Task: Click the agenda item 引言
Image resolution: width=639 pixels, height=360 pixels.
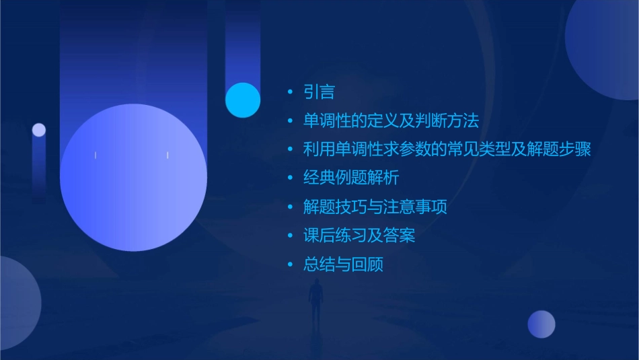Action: pyautogui.click(x=319, y=92)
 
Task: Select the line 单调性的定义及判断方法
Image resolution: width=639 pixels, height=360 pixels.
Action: pyautogui.click(x=391, y=121)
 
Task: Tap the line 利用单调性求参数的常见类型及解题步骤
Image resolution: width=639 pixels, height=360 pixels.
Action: pyautogui.click(x=447, y=149)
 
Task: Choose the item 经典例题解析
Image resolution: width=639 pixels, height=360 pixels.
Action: pyautogui.click(x=351, y=178)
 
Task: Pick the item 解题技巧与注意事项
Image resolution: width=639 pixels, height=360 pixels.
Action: pyautogui.click(x=375, y=207)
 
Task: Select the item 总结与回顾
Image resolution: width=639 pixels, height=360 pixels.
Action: pyautogui.click(x=343, y=264)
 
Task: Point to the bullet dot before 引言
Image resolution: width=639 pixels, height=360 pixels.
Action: pyautogui.click(x=290, y=93)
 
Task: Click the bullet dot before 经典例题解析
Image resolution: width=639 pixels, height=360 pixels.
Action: pyautogui.click(x=290, y=179)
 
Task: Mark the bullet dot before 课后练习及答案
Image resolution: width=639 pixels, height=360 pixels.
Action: pyautogui.click(x=290, y=236)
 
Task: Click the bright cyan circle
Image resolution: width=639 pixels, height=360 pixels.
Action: pyautogui.click(x=243, y=100)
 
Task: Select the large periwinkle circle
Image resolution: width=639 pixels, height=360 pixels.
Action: pyautogui.click(x=133, y=177)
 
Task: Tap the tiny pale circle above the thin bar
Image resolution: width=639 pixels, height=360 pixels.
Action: pyautogui.click(x=39, y=130)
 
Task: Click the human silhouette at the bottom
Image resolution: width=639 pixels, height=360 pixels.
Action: pyautogui.click(x=316, y=303)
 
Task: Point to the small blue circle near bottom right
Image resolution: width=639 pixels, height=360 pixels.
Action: pyautogui.click(x=541, y=324)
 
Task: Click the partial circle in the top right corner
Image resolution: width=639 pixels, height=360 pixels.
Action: pyautogui.click(x=605, y=44)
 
